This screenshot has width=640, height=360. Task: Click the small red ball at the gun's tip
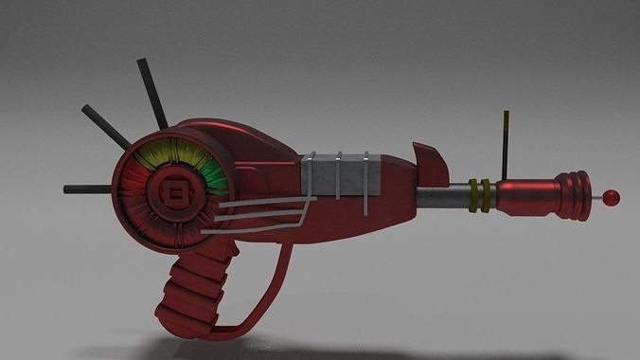612,198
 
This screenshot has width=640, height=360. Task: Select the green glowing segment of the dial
216,175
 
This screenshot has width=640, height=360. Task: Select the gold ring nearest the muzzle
487,194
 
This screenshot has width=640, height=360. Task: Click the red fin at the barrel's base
431,163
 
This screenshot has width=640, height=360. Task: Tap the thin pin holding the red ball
598,198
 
